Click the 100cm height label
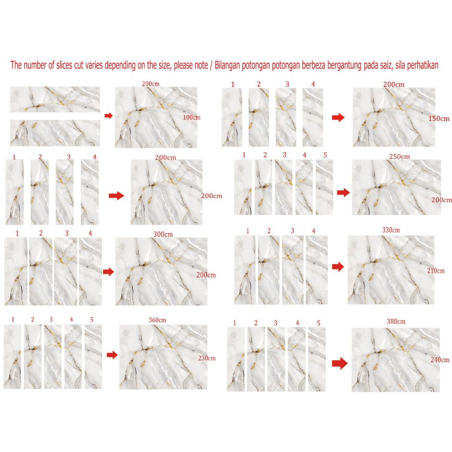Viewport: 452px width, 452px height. (x=192, y=117)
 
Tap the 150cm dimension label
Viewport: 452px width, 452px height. (x=438, y=118)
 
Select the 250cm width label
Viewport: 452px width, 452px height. (x=399, y=157)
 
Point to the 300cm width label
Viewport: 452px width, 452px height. (x=163, y=234)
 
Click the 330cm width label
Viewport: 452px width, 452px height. (x=391, y=230)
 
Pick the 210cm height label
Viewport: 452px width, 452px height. (x=436, y=271)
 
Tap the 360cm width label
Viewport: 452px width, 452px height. (x=158, y=320)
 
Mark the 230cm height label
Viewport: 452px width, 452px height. (x=207, y=358)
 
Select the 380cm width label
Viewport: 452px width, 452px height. (x=396, y=321)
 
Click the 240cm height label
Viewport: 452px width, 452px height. (x=440, y=360)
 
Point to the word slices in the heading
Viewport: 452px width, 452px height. (x=64, y=65)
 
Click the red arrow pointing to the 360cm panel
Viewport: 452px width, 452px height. (x=112, y=355)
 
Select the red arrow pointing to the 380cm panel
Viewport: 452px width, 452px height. (x=340, y=363)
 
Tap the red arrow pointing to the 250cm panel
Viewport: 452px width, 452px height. (x=343, y=192)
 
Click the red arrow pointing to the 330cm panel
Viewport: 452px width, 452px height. (x=338, y=267)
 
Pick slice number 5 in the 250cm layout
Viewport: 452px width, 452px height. (x=324, y=187)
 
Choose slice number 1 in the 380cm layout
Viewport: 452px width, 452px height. (x=236, y=359)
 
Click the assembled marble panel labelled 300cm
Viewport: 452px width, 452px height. (x=162, y=271)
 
